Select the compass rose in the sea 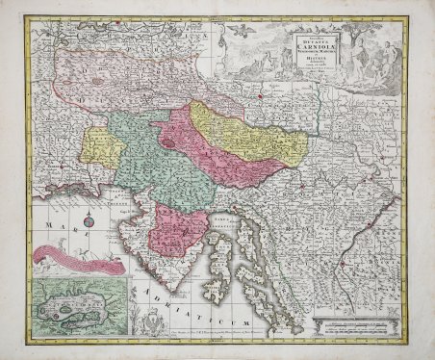point(88,223)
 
